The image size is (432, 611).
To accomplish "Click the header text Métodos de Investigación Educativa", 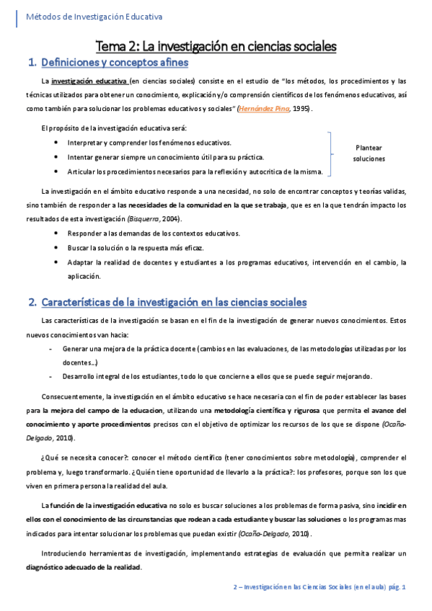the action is click(x=94, y=16).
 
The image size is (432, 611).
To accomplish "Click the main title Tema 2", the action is click(x=216, y=46).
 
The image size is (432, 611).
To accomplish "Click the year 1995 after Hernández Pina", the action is click(x=302, y=108).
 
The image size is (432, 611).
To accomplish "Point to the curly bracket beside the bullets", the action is click(x=332, y=153).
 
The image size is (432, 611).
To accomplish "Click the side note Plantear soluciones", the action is click(x=369, y=153).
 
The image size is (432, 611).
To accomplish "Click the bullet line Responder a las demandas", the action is click(x=154, y=233).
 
